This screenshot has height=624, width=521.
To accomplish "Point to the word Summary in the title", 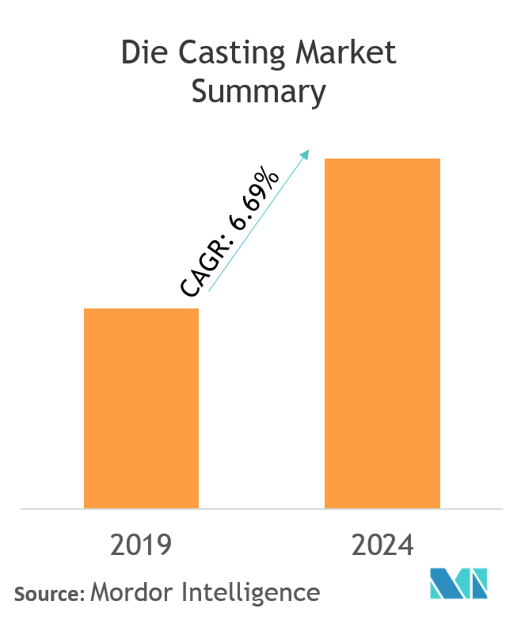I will coord(259,92).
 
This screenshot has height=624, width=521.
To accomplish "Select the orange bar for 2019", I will coord(141,408).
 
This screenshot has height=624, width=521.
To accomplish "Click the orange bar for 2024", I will coord(382,333).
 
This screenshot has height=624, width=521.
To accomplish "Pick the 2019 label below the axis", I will coord(141,546).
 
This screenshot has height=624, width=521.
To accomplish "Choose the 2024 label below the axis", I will coord(382,546).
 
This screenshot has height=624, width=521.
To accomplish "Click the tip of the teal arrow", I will coord(309,151).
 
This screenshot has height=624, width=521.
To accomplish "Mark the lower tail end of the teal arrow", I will coord(209,291).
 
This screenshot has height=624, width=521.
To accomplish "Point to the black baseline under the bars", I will coord(260,509).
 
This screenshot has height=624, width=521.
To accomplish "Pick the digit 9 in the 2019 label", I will coord(164,546).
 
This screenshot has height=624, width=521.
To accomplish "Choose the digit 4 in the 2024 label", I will coord(405,546).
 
